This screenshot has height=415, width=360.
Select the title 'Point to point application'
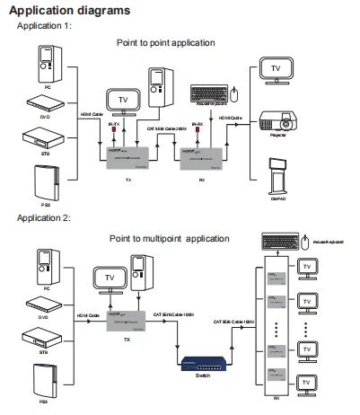[x=166, y=42]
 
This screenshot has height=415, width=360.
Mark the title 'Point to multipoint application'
[x=171, y=238]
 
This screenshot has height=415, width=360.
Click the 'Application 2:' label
[x=43, y=217]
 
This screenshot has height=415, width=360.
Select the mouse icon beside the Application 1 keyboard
[x=233, y=93]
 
